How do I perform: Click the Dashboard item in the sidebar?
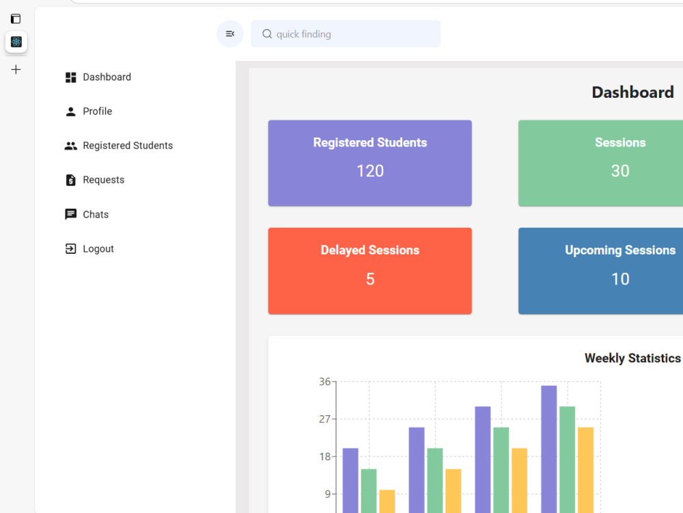pos(98,77)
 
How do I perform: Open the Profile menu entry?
pos(88,111)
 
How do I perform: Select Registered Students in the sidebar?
pos(118,145)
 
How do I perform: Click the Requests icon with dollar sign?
pos(70,180)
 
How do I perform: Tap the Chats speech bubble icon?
pos(70,214)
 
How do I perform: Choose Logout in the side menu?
pos(89,249)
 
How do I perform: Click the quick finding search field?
pos(346,34)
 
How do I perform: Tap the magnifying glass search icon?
pos(267,34)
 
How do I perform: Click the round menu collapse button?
pos(230,34)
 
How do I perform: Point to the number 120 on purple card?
pos(370,171)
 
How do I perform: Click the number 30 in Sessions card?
pos(620,171)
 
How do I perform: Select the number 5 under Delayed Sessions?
pos(370,279)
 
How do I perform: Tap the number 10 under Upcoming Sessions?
pos(620,279)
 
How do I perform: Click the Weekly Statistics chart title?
pos(632,358)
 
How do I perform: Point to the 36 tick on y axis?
pos(325,382)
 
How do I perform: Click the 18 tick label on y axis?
pos(325,457)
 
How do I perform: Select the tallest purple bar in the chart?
pos(549,449)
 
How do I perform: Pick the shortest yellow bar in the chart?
pos(387,501)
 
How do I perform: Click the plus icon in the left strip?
pos(16,69)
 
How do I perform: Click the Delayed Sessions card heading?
pos(370,250)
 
